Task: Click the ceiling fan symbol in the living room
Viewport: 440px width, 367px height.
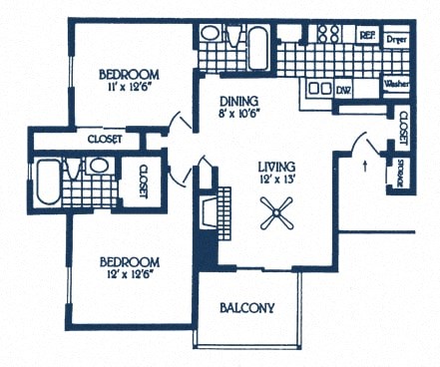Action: [271, 211]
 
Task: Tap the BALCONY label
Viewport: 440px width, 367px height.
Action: [247, 308]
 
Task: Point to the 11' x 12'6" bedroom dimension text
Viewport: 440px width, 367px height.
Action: [129, 89]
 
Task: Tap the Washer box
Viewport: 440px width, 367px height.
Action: [397, 85]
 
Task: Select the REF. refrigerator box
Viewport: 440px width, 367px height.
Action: [366, 35]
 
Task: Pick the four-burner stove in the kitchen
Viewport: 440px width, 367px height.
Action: [328, 34]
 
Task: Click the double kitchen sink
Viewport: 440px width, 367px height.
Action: [320, 89]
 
